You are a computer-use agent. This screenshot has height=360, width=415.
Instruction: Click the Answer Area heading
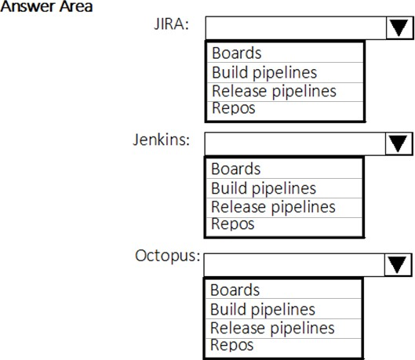coord(46,6)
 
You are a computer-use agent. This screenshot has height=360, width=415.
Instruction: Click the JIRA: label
coord(172,24)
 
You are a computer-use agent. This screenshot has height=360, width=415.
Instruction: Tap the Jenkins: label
coord(162,140)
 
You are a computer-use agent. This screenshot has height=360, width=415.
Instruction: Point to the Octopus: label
coord(168,256)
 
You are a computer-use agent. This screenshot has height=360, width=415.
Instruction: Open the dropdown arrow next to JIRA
coord(399,28)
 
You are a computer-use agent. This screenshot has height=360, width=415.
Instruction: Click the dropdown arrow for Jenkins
coord(399,144)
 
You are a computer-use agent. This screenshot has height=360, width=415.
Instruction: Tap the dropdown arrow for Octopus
coord(397,265)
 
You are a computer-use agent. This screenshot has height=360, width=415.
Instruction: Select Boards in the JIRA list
coord(237,53)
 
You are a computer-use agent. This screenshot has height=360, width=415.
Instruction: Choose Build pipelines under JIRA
coord(264,72)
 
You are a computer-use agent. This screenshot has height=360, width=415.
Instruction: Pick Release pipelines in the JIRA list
coord(275,91)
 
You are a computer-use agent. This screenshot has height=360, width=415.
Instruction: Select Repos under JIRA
coord(234,108)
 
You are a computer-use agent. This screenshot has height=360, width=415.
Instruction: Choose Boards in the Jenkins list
coord(236,169)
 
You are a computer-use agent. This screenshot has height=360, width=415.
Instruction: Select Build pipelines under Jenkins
coord(264,188)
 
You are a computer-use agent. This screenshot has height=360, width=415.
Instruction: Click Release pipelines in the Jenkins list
coord(274,207)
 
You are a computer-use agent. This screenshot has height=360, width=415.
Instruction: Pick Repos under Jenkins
coord(233,224)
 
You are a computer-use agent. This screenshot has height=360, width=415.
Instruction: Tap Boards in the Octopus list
coord(235,290)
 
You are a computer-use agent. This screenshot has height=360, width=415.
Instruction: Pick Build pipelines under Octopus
coord(263,310)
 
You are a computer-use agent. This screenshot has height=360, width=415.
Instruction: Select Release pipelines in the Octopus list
coord(272,329)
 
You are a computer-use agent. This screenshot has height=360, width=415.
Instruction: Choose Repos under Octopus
coord(232,345)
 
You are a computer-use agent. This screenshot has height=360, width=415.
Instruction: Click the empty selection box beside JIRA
coord(296,28)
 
